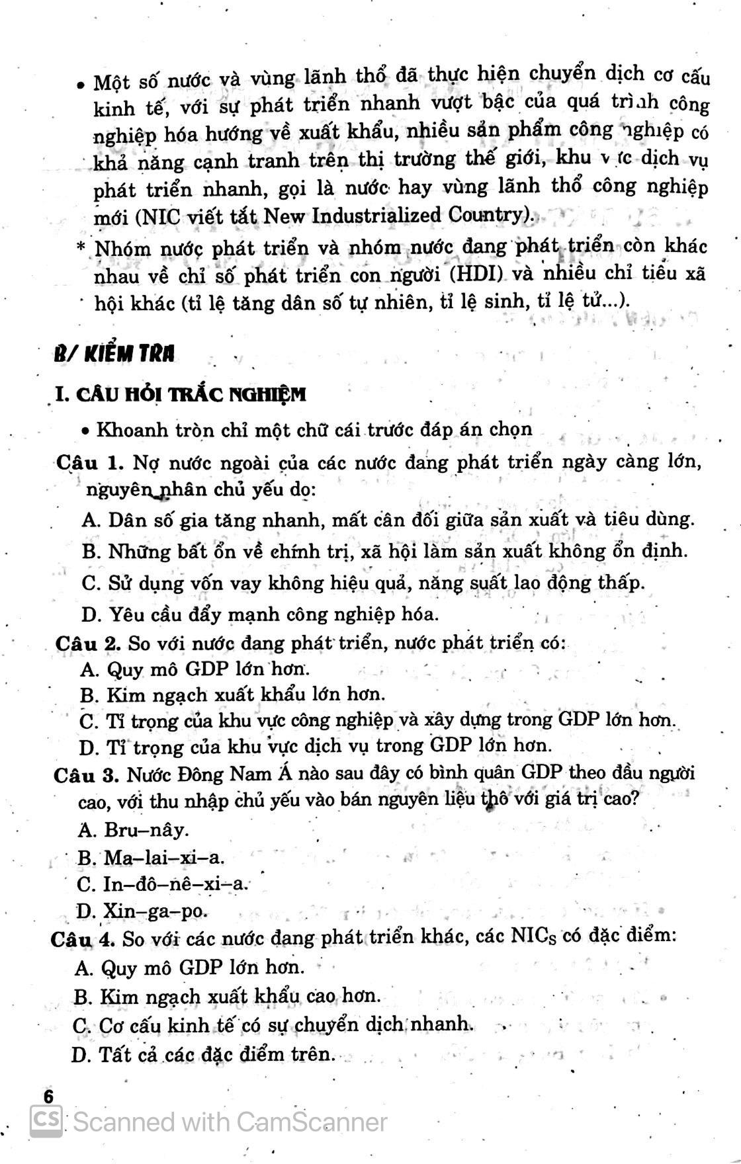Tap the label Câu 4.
(83, 938)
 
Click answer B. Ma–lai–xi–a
(152, 858)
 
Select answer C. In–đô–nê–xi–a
(163, 884)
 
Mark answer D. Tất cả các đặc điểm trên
(202, 1054)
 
